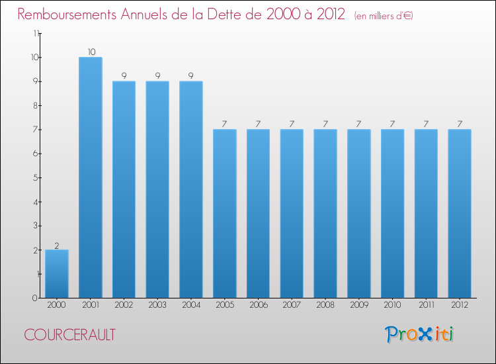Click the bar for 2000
coord(57,274)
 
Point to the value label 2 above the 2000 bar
coord(57,245)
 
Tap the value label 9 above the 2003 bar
coord(157,76)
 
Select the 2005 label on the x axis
coord(225,305)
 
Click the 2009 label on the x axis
coord(359,305)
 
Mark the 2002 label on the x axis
coord(124,305)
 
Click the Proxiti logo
coord(419,334)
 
